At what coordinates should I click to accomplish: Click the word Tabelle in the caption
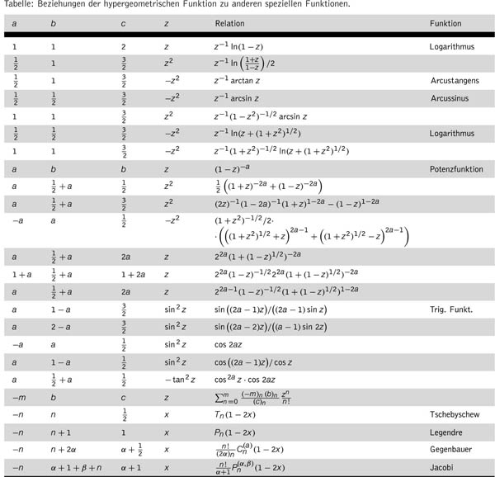tap(19, 4)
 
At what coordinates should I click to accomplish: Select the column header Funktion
tap(445, 23)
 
